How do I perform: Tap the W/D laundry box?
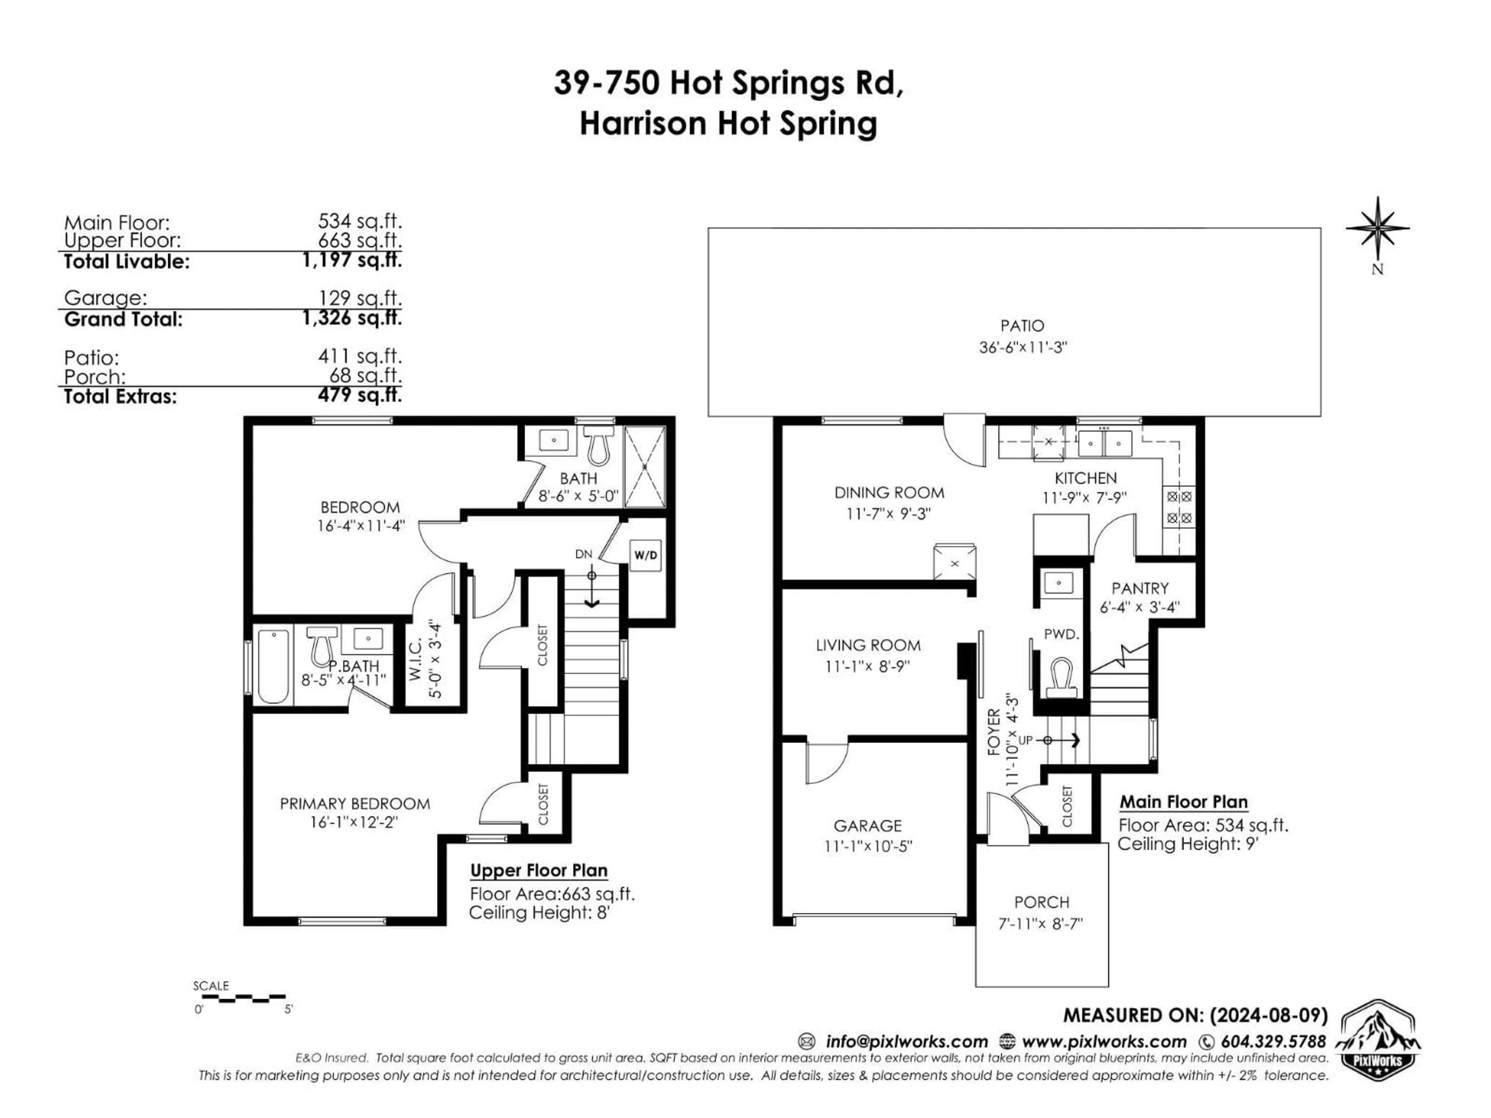[645, 555]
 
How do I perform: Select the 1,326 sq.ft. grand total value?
[352, 318]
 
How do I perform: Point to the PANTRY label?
[1140, 589]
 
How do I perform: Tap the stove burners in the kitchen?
[1179, 507]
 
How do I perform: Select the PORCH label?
[1041, 902]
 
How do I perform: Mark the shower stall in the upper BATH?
[645, 466]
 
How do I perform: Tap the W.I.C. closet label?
[415, 660]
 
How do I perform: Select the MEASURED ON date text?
[1195, 1015]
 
